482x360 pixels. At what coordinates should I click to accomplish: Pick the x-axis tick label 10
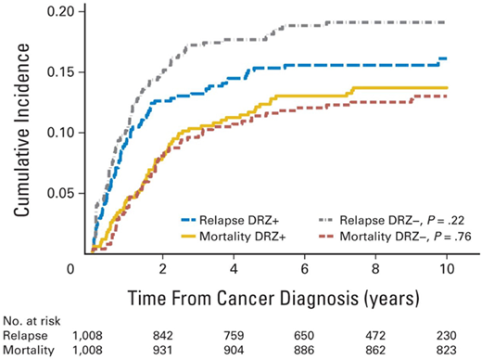[446, 269]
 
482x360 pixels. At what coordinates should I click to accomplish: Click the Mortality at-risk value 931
[162, 351]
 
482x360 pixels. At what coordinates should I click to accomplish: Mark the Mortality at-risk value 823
[446, 351]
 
